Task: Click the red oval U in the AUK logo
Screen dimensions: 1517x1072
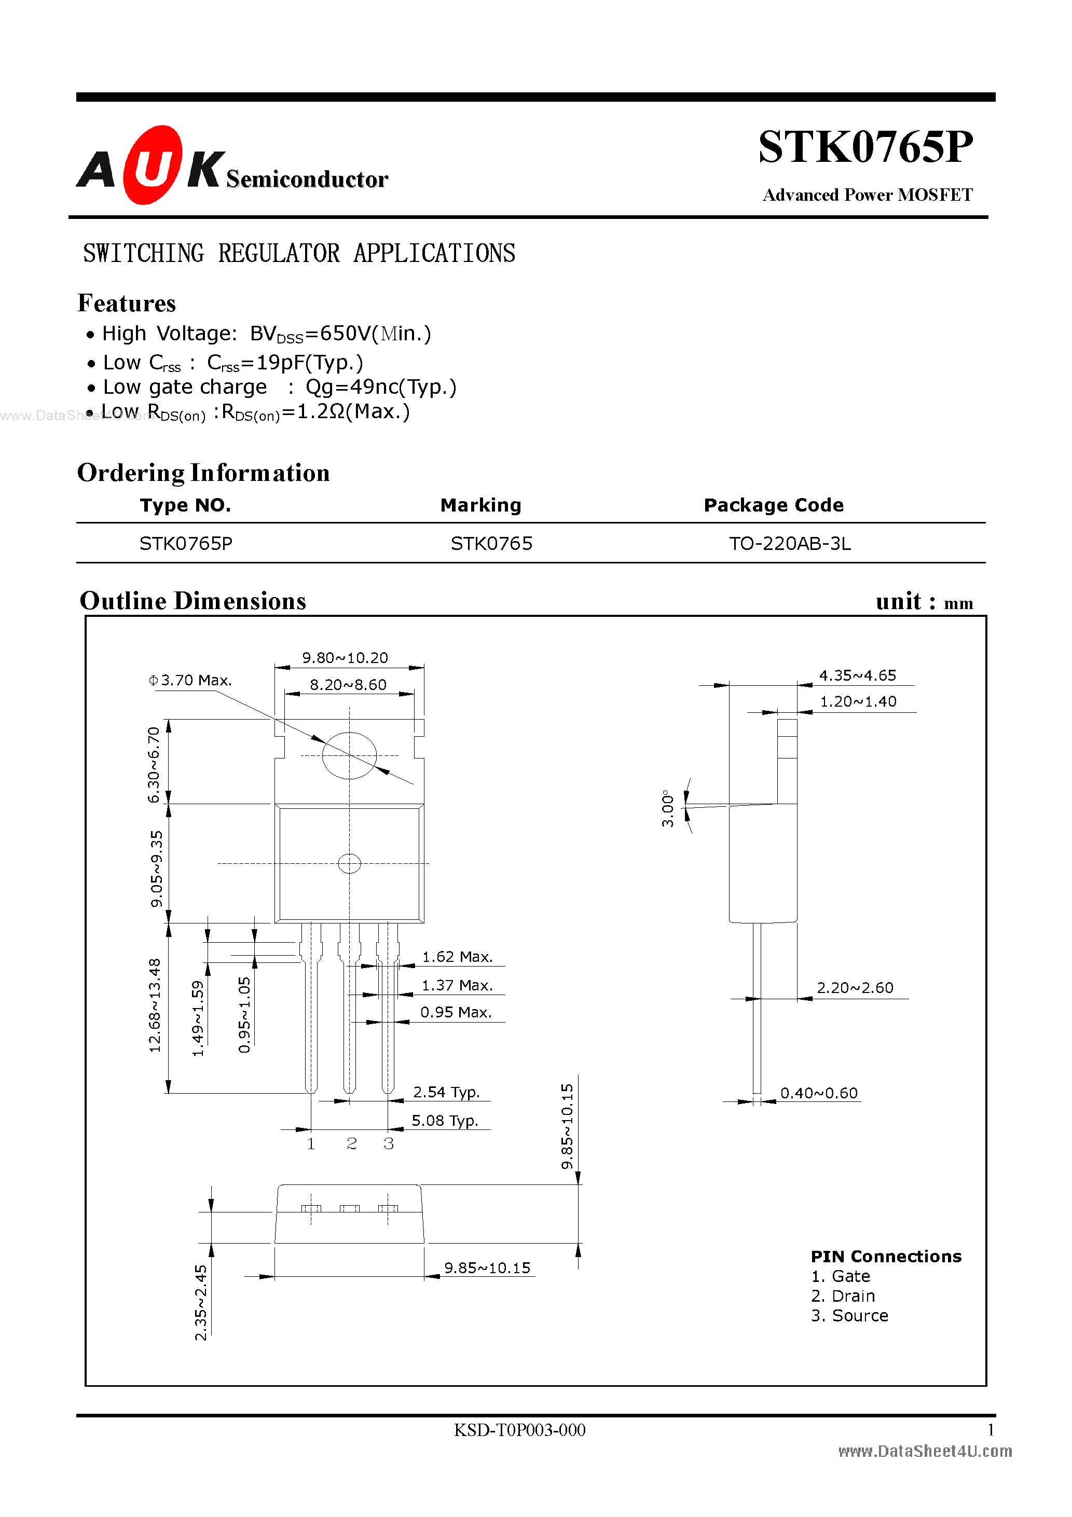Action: click(x=153, y=165)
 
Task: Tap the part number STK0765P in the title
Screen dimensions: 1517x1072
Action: click(x=865, y=147)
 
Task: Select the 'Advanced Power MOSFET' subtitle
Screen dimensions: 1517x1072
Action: click(x=867, y=195)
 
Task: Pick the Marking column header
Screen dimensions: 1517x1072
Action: click(x=480, y=505)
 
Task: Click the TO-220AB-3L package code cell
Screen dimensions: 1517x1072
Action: click(x=790, y=544)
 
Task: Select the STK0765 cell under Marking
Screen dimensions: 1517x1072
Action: click(x=491, y=544)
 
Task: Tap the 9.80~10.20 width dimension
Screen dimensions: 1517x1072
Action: click(x=345, y=658)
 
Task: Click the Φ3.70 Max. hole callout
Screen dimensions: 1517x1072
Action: click(x=190, y=681)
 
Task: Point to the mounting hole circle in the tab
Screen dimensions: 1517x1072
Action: click(x=349, y=755)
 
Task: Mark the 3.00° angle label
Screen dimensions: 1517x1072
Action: click(x=667, y=808)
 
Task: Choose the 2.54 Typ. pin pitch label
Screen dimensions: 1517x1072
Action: click(x=446, y=1092)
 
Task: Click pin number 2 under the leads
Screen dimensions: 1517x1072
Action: click(x=352, y=1143)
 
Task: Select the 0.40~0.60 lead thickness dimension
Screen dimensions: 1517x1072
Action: click(x=819, y=1094)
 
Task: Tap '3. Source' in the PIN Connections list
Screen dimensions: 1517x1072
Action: click(x=849, y=1316)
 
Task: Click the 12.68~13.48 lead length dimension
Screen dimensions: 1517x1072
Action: click(x=155, y=1005)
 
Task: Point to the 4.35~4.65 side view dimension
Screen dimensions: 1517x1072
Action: click(x=857, y=675)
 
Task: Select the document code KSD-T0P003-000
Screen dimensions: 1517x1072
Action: click(x=519, y=1430)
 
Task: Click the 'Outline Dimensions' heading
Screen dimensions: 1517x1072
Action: click(x=193, y=601)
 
